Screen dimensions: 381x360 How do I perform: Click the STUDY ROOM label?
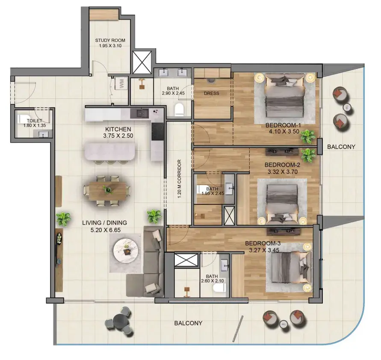(x=110, y=40)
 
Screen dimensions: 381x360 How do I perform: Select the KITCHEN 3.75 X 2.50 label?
(x=118, y=133)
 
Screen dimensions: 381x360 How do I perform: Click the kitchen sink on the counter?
(x=139, y=113)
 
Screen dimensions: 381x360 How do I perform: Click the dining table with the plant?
(x=108, y=191)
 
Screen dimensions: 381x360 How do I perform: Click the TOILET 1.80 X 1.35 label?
(x=35, y=123)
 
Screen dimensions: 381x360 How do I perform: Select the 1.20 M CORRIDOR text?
(x=180, y=179)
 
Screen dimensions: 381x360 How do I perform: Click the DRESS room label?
(x=211, y=93)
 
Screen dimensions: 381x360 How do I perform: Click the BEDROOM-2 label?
(x=282, y=165)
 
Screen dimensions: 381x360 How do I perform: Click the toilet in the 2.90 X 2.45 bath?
(x=179, y=109)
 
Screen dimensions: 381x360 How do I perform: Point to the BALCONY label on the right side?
(x=341, y=147)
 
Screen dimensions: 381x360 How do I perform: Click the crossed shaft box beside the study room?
(x=142, y=62)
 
